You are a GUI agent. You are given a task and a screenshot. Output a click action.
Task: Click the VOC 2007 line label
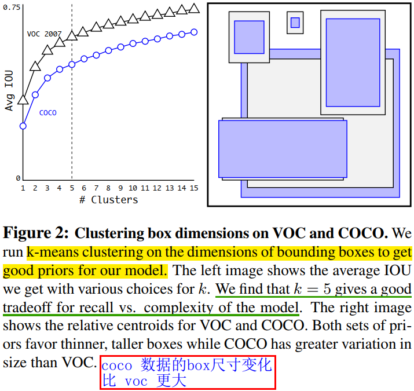(x=43, y=34)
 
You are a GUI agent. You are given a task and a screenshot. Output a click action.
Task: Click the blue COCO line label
(x=47, y=113)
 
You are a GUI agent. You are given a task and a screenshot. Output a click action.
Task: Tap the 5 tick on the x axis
(x=72, y=188)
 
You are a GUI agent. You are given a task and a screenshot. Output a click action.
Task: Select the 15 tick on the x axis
(x=194, y=188)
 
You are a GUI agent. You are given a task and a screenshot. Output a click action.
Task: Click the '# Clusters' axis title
(x=108, y=200)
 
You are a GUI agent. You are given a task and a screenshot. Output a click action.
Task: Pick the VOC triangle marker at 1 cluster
(x=23, y=100)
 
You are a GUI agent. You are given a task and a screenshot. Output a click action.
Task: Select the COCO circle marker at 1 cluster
(x=23, y=126)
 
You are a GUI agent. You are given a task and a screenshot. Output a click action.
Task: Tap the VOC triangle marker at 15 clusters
(x=194, y=8)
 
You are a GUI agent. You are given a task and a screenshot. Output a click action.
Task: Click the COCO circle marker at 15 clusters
(x=194, y=32)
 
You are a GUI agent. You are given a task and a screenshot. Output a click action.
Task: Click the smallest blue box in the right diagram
(x=295, y=23)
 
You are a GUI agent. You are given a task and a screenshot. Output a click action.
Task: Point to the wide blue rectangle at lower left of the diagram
(x=283, y=149)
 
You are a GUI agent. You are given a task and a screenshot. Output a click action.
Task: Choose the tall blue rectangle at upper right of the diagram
(x=353, y=62)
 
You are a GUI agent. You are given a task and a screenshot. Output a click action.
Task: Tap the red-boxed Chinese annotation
(x=187, y=372)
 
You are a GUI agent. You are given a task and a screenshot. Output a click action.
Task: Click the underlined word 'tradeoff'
(x=27, y=307)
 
